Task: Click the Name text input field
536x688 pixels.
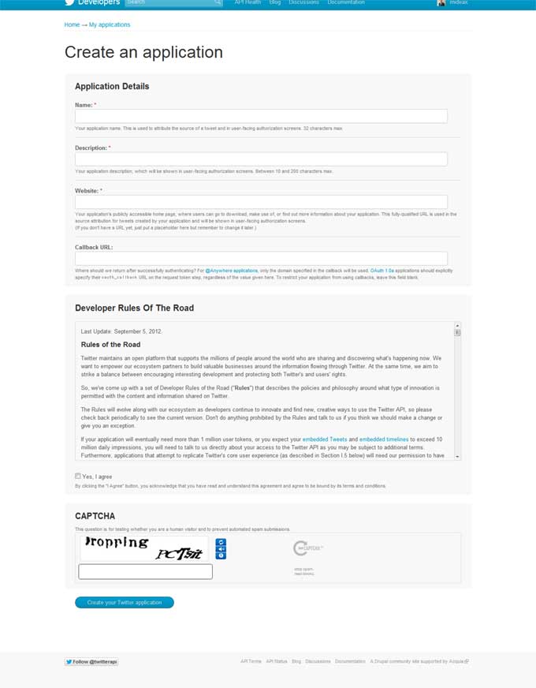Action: (261, 116)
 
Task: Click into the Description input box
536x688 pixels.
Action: (261, 159)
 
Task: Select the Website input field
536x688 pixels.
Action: (261, 202)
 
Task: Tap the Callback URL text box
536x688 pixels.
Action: (261, 259)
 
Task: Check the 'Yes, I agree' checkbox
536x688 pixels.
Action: (78, 476)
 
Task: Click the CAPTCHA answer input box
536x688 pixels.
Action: (146, 571)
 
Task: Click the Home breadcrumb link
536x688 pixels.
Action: (72, 24)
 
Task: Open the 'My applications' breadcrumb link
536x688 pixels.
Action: (110, 24)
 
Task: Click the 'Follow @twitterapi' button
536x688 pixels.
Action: (91, 661)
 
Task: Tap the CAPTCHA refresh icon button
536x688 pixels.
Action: (221, 542)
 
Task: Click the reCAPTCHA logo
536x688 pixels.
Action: (300, 548)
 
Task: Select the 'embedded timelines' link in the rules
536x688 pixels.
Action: (384, 439)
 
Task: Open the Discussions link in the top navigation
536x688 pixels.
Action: (303, 2)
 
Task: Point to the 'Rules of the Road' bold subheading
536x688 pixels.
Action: (111, 345)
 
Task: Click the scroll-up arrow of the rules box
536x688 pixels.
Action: (457, 325)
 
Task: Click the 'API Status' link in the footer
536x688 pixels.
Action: (277, 661)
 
